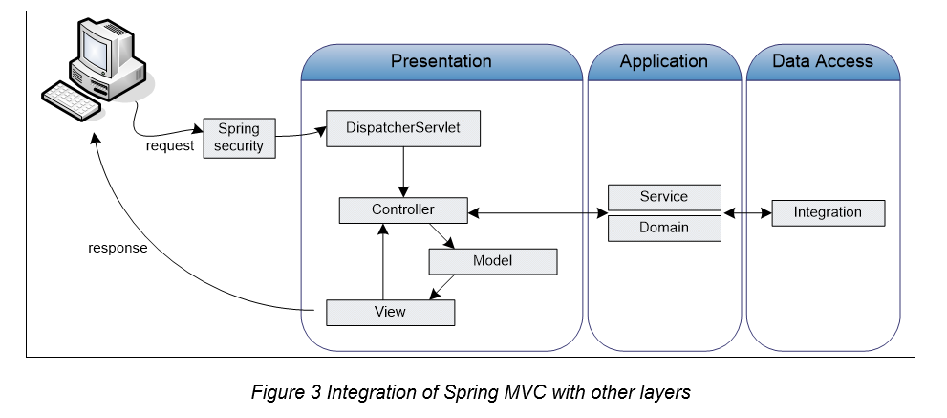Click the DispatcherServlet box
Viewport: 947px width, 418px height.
pyautogui.click(x=402, y=129)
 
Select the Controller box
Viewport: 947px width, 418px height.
pyautogui.click(x=402, y=209)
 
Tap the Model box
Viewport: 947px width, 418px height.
pyautogui.click(x=492, y=261)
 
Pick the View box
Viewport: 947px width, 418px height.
pyautogui.click(x=390, y=312)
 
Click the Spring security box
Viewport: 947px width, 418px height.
pyautogui.click(x=239, y=138)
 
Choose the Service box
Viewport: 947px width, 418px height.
pyautogui.click(x=664, y=197)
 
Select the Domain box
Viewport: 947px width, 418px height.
pyautogui.click(x=664, y=228)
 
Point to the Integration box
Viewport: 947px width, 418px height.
pyautogui.click(x=828, y=212)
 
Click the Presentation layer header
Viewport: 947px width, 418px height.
pyautogui.click(x=441, y=61)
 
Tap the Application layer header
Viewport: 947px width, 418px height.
pyautogui.click(x=663, y=61)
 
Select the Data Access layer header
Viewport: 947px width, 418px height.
pyautogui.click(x=822, y=61)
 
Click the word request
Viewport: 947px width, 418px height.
pyautogui.click(x=169, y=146)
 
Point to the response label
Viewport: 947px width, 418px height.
pyautogui.click(x=118, y=248)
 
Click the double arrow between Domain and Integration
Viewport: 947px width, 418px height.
pyautogui.click(x=746, y=213)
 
